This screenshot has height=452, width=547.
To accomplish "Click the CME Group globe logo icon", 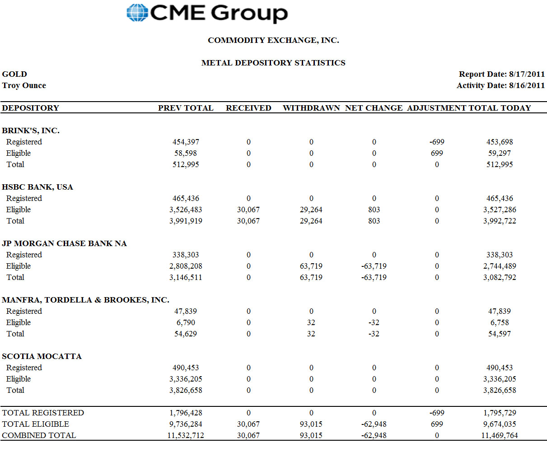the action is point(137,13).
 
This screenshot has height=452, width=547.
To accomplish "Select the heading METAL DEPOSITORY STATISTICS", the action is point(273,63).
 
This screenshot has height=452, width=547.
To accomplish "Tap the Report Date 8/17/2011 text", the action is point(502,74).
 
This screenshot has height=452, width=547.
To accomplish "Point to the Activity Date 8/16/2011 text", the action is point(500,85).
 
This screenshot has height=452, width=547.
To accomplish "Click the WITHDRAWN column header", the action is point(311,108).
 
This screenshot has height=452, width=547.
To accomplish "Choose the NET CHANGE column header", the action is point(374,108).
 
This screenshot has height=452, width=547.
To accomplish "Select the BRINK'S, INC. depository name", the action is point(31,130).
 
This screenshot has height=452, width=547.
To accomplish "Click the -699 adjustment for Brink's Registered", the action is point(437,142).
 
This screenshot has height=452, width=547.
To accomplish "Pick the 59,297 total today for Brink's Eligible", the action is point(499,153).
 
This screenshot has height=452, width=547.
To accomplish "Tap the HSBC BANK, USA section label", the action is point(37,187).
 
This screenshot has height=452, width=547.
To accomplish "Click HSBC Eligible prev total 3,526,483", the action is point(186,210).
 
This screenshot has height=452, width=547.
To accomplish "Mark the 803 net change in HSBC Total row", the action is point(374,221).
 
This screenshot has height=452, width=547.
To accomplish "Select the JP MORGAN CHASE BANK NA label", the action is point(64,243).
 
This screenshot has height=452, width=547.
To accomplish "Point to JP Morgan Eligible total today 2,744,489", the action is point(500,266).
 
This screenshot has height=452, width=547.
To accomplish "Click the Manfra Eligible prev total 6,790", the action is point(186,322).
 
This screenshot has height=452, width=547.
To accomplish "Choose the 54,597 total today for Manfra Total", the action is point(499,334).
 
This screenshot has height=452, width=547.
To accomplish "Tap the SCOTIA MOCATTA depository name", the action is point(42,356).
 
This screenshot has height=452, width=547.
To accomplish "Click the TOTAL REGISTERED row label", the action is point(43,413).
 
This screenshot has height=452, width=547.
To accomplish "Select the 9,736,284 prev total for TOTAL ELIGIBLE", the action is point(186,424).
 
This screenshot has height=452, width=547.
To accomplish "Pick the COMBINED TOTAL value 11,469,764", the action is point(500,435).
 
